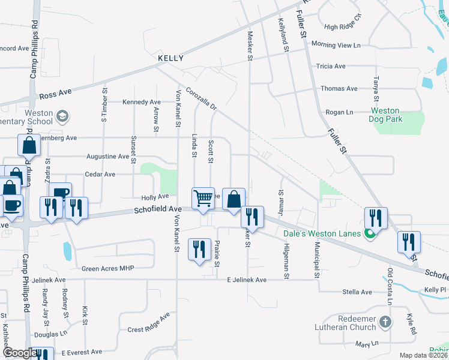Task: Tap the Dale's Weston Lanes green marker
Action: pos(371,234)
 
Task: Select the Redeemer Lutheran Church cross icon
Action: pos(385,323)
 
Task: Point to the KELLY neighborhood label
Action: pos(170,59)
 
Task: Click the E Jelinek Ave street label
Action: pos(247,280)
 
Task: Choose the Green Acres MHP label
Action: pos(108,268)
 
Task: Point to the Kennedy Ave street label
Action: pos(142,103)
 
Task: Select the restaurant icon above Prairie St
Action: pos(199,248)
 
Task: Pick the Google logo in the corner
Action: pos(20,353)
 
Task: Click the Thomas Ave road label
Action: pos(339,89)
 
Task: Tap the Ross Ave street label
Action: pos(55,94)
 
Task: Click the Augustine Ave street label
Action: pos(109,157)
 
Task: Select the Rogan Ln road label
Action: pos(339,112)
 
